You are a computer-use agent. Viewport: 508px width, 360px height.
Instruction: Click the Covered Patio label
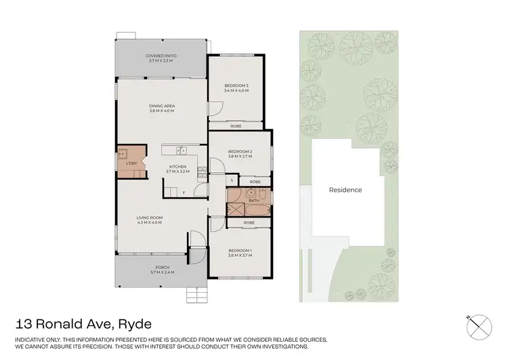click(x=161, y=56)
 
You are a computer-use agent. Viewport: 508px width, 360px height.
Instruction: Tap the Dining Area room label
click(x=161, y=106)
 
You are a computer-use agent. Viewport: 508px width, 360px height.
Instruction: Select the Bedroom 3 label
click(x=236, y=85)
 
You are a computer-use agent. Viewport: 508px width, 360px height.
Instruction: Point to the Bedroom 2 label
click(x=240, y=151)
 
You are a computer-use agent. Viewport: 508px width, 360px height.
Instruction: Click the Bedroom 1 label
click(x=240, y=250)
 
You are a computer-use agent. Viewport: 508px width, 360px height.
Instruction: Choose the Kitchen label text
click(x=177, y=167)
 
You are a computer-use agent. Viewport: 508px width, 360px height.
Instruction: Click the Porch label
click(x=161, y=267)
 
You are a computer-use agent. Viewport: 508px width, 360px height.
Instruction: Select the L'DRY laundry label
click(x=131, y=163)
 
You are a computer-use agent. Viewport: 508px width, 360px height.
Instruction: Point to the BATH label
click(x=254, y=200)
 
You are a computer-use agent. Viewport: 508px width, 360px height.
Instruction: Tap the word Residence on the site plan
click(x=345, y=190)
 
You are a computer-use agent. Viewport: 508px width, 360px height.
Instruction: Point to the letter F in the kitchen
click(x=183, y=193)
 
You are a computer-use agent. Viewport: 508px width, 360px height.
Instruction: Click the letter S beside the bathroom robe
click(x=232, y=181)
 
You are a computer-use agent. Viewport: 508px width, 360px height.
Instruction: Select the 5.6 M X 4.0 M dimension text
click(x=161, y=111)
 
